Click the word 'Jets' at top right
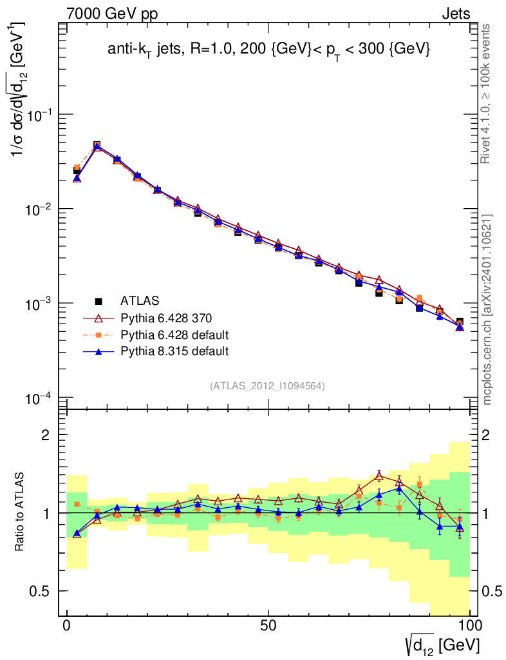[x=455, y=14]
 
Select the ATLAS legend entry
[x=140, y=300]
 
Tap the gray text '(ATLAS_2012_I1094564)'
[x=267, y=386]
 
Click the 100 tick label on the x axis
[x=470, y=627]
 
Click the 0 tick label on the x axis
[x=67, y=627]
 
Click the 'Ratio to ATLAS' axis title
[x=20, y=514]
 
